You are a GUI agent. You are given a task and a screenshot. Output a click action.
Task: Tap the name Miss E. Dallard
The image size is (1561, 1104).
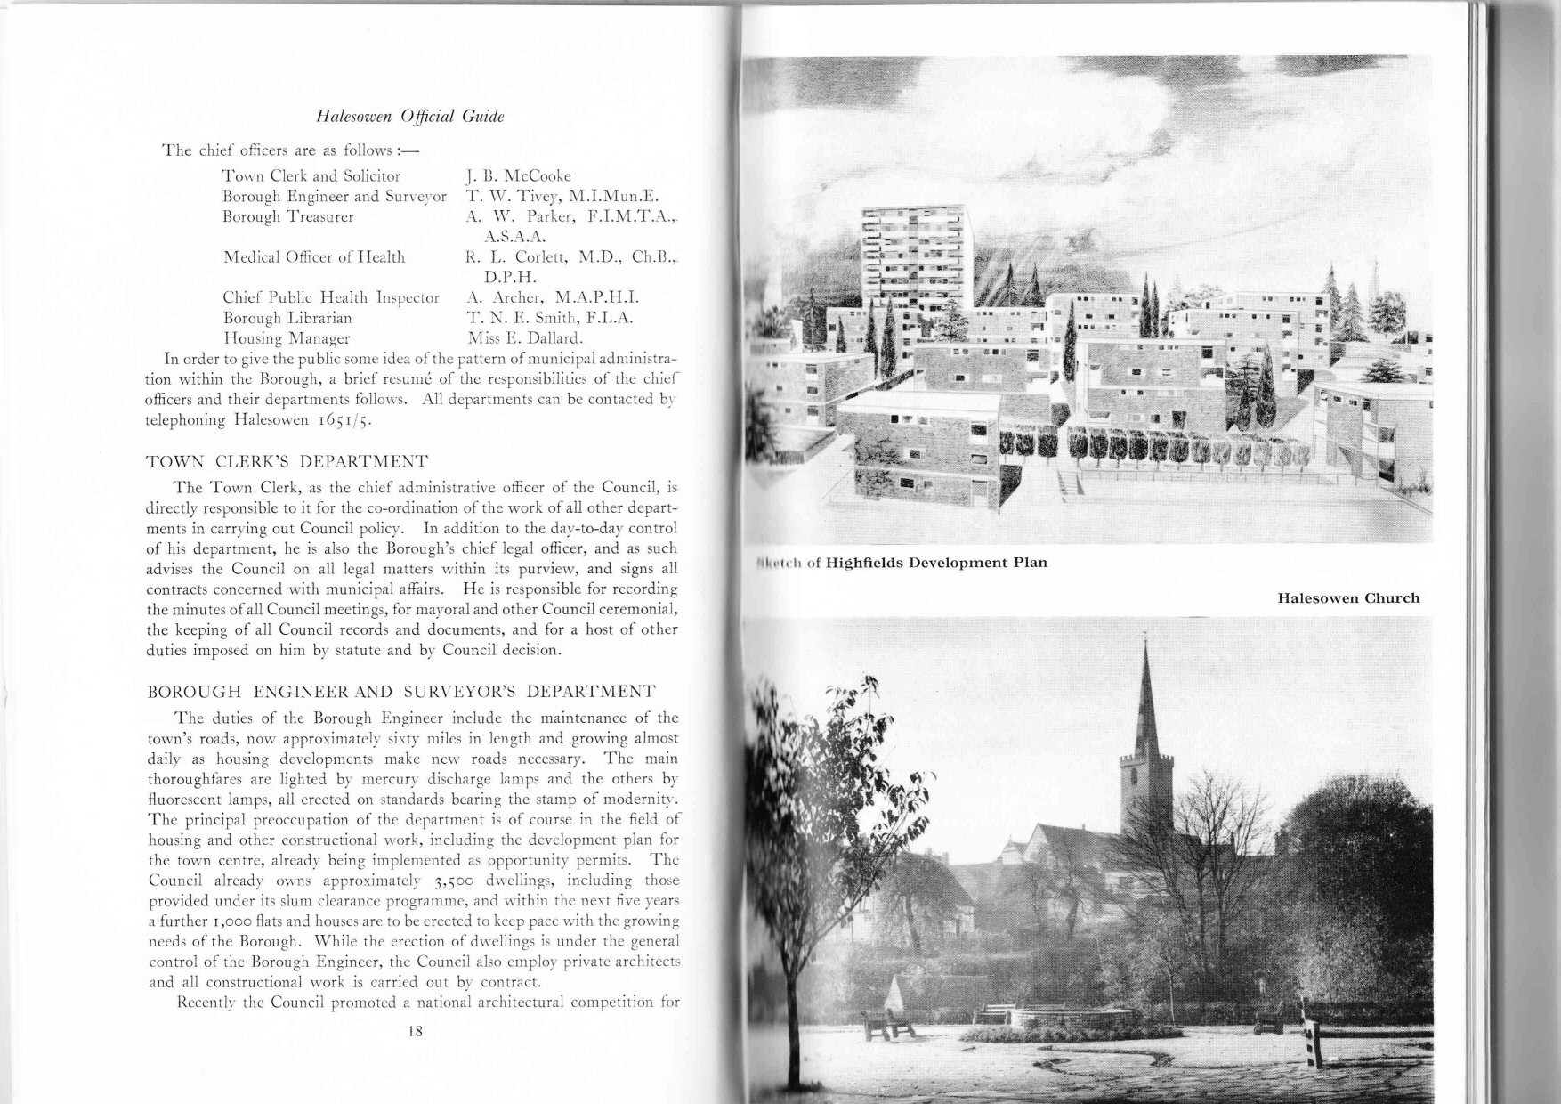click(x=525, y=338)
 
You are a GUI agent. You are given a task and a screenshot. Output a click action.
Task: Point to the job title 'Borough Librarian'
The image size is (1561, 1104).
click(x=287, y=318)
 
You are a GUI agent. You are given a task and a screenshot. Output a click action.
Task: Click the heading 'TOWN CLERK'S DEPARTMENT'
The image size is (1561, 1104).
click(x=287, y=461)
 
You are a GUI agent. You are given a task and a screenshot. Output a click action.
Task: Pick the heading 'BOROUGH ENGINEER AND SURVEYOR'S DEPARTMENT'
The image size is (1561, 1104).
click(x=400, y=692)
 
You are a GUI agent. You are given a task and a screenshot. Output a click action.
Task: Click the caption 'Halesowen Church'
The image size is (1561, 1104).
click(x=1347, y=597)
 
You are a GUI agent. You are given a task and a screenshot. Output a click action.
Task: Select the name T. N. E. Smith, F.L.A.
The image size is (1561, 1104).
click(x=549, y=318)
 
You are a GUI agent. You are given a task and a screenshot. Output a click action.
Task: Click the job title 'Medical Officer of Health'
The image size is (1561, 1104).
click(x=313, y=257)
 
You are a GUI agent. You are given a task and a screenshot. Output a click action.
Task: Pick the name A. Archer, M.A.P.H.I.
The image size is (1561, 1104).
click(x=553, y=297)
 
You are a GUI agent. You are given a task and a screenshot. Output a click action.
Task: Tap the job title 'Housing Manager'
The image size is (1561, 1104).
click(x=286, y=338)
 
